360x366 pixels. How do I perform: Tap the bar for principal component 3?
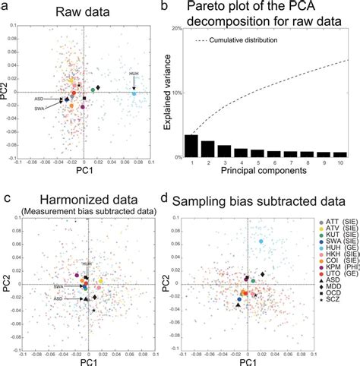click(x=225, y=150)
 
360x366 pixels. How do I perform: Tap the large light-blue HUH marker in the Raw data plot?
click(x=134, y=93)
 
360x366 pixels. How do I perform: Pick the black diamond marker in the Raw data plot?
click(x=98, y=89)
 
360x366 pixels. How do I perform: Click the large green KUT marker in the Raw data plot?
click(x=93, y=90)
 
